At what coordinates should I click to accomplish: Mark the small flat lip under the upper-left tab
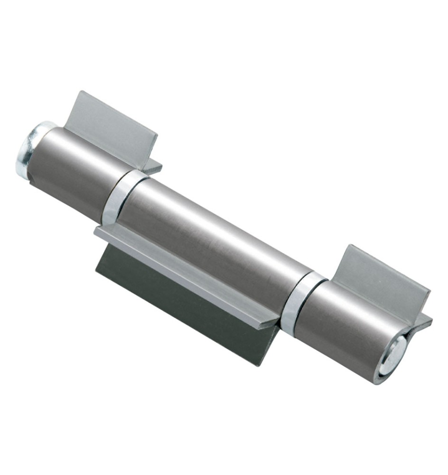[153, 167]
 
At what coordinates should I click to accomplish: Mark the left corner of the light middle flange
[96, 231]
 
